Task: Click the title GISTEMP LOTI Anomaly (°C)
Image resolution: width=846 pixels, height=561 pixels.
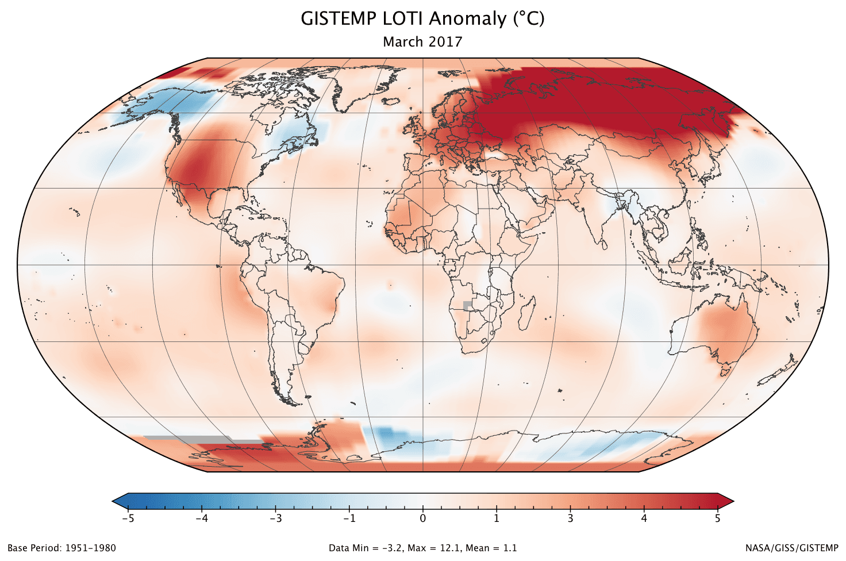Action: [422, 18]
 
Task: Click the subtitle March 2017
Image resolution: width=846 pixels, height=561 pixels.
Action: [422, 42]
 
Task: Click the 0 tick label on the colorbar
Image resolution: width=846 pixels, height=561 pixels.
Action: [423, 518]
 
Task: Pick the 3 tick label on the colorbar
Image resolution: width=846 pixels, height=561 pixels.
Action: [570, 518]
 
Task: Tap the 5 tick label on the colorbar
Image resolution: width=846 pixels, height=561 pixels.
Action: [717, 518]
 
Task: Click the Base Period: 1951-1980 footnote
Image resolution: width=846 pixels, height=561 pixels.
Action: [61, 548]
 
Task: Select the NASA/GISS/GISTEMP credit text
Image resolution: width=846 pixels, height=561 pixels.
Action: [792, 548]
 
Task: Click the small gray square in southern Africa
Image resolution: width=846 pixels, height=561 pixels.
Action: [467, 305]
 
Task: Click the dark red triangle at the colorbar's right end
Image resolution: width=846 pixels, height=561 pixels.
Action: [725, 501]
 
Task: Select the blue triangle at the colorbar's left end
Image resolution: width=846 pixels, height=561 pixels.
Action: [120, 501]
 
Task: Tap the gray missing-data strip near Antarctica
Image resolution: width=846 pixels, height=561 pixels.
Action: [190, 439]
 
